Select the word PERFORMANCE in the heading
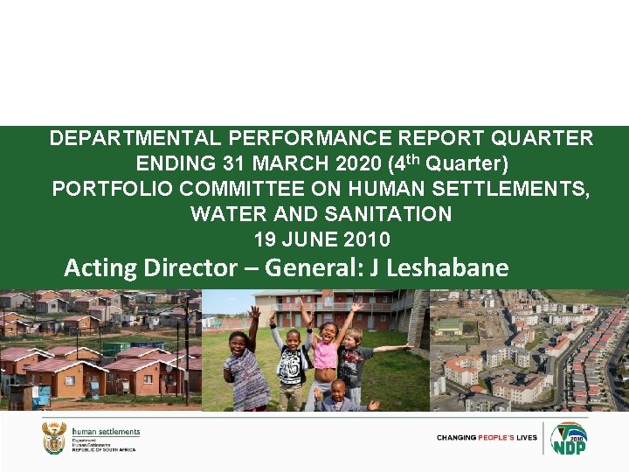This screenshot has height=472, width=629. click(278, 138)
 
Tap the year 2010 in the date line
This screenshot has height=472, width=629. click(369, 239)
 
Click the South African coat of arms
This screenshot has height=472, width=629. click(54, 437)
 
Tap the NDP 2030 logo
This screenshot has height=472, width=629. click(569, 437)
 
